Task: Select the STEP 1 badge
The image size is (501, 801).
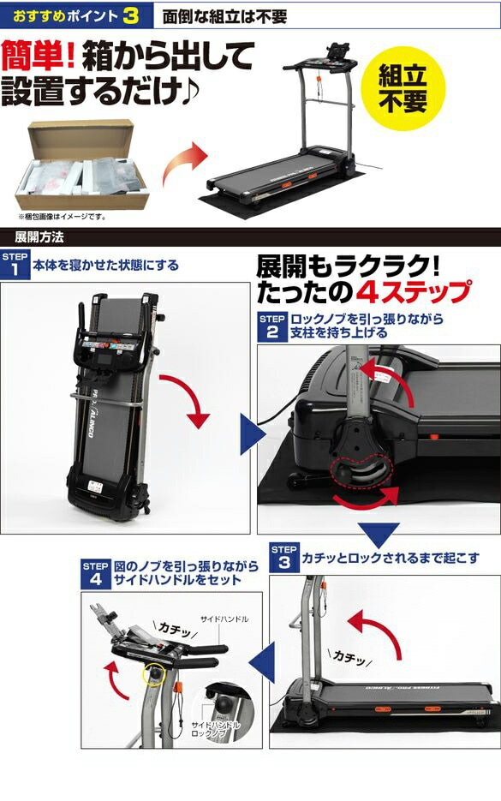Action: point(14,265)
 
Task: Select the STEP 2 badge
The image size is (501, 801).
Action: point(271,326)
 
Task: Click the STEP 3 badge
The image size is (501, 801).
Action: point(284,558)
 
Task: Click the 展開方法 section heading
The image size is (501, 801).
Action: point(39,236)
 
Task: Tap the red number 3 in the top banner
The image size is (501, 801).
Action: point(129,15)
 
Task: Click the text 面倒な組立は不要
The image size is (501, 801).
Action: point(224,16)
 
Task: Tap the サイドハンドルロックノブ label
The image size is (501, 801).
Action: point(215,730)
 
